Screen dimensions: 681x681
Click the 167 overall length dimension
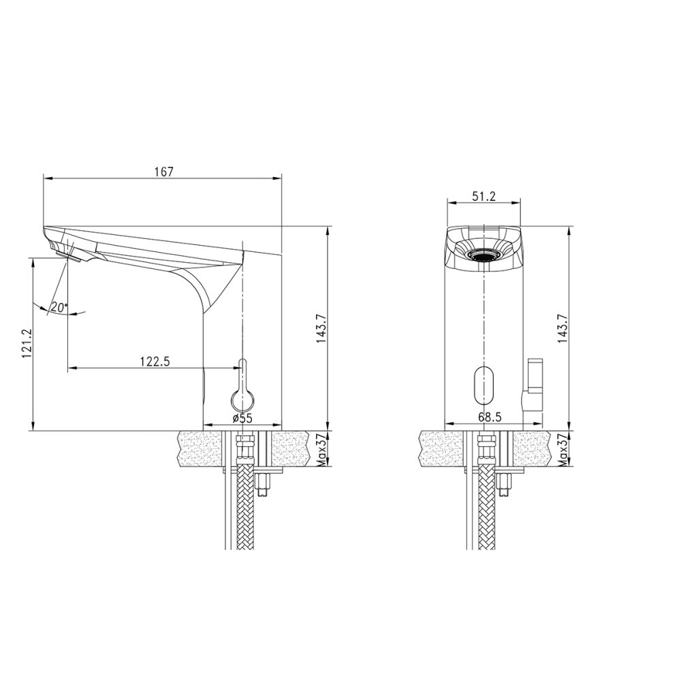click(x=163, y=172)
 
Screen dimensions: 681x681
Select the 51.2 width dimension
click(x=483, y=196)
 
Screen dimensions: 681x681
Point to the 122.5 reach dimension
click(x=156, y=362)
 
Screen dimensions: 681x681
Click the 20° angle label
click(x=58, y=308)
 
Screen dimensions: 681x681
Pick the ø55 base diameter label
click(x=242, y=419)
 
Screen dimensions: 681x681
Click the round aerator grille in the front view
click(x=483, y=255)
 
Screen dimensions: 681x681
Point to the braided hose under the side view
click(x=242, y=511)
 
